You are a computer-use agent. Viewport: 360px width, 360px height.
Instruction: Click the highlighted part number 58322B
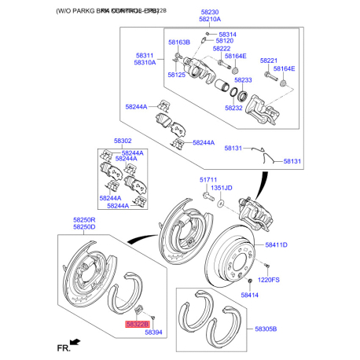tap(135, 322)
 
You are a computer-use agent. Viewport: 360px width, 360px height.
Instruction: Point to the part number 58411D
tap(276, 246)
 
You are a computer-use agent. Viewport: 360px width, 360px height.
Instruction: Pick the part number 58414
tap(250, 295)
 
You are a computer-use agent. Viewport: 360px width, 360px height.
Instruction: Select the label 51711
tap(207, 180)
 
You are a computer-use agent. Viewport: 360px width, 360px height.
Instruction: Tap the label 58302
tap(123, 141)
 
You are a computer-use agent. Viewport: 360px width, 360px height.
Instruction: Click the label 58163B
tap(178, 41)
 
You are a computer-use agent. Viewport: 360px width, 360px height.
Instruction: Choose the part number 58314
tap(227, 35)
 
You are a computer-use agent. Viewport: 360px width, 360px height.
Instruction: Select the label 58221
tap(270, 61)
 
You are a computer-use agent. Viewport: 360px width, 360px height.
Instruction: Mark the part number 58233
tap(243, 81)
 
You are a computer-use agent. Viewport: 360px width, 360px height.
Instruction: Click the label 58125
tap(176, 75)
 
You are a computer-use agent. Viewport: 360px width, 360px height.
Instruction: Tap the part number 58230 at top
tap(209, 13)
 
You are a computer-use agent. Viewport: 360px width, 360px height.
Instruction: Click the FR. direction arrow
tap(75, 341)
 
